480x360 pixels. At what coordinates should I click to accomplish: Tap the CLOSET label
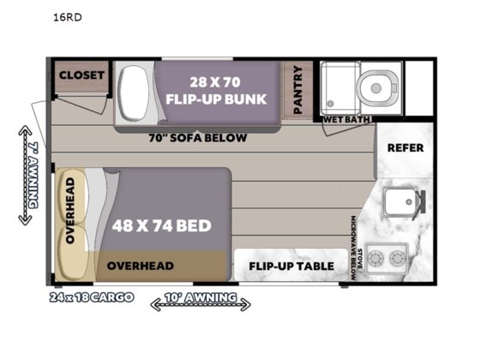pyautogui.click(x=81, y=75)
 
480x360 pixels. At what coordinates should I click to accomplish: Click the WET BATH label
pyautogui.click(x=346, y=119)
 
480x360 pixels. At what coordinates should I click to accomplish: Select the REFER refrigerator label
pyautogui.click(x=405, y=147)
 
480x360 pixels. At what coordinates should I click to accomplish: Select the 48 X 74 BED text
pyautogui.click(x=161, y=227)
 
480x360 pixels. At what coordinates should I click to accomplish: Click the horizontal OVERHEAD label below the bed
pyautogui.click(x=141, y=266)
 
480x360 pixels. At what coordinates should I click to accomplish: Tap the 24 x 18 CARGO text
pyautogui.click(x=91, y=298)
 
